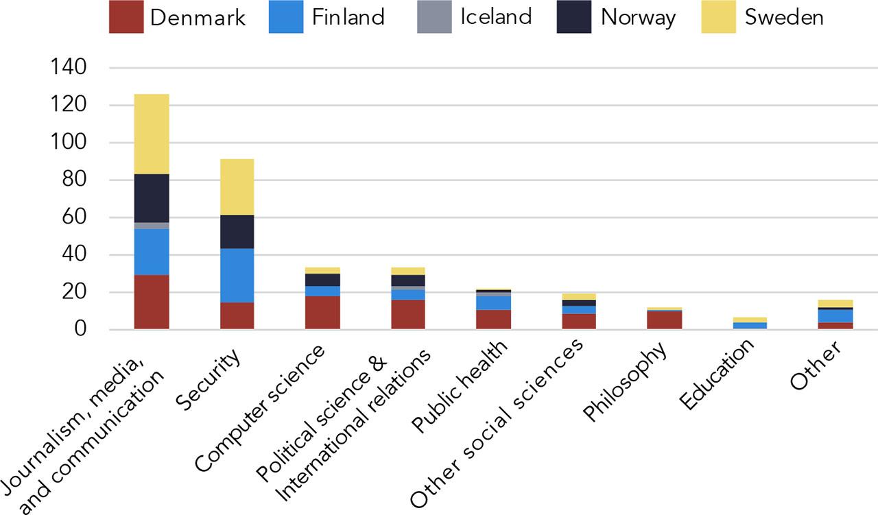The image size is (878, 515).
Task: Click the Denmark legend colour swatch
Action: (x=126, y=17)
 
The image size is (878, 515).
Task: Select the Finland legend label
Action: (x=348, y=17)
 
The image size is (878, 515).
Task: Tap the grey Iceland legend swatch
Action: (x=434, y=17)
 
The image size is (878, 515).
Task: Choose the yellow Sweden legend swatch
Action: (x=718, y=17)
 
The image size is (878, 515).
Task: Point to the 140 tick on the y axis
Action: (x=68, y=68)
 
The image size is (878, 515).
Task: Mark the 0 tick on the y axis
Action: (x=80, y=330)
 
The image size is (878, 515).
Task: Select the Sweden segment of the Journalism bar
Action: (x=152, y=134)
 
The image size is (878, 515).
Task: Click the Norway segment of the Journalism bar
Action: (x=152, y=198)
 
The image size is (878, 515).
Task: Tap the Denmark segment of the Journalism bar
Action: (x=152, y=302)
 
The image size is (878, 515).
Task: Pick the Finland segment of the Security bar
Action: (x=237, y=275)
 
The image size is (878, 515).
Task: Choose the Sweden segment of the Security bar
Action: (x=237, y=187)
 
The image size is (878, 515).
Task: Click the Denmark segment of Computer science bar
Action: (x=322, y=313)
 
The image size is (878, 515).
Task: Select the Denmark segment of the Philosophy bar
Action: (x=664, y=320)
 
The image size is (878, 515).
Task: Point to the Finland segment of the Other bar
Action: (x=835, y=315)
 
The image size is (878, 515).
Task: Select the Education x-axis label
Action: (x=716, y=374)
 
